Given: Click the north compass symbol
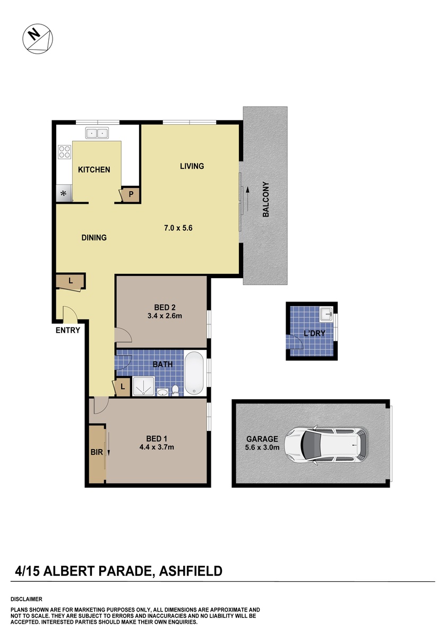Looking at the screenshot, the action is [38, 39].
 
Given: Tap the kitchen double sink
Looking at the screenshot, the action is [97, 133].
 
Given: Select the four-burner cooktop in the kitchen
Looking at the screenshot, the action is [64, 152].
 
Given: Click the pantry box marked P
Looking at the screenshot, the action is [131, 195].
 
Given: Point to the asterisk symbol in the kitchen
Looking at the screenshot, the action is [63, 194].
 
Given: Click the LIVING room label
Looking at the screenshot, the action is [192, 166].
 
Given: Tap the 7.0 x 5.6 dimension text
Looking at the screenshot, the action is [178, 228].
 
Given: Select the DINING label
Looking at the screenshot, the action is [94, 237].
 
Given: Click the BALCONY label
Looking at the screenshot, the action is [265, 200].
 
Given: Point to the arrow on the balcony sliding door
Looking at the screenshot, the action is [248, 199].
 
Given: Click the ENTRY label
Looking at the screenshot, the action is [68, 330].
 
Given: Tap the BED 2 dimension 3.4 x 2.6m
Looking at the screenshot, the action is [165, 316].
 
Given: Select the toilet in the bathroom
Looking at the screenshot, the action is [175, 390].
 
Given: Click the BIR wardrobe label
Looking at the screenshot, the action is [97, 452].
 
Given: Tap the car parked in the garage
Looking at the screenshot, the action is [326, 445].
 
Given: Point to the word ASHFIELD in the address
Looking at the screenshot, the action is [191, 571].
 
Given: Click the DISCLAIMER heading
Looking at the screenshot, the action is [27, 599].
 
